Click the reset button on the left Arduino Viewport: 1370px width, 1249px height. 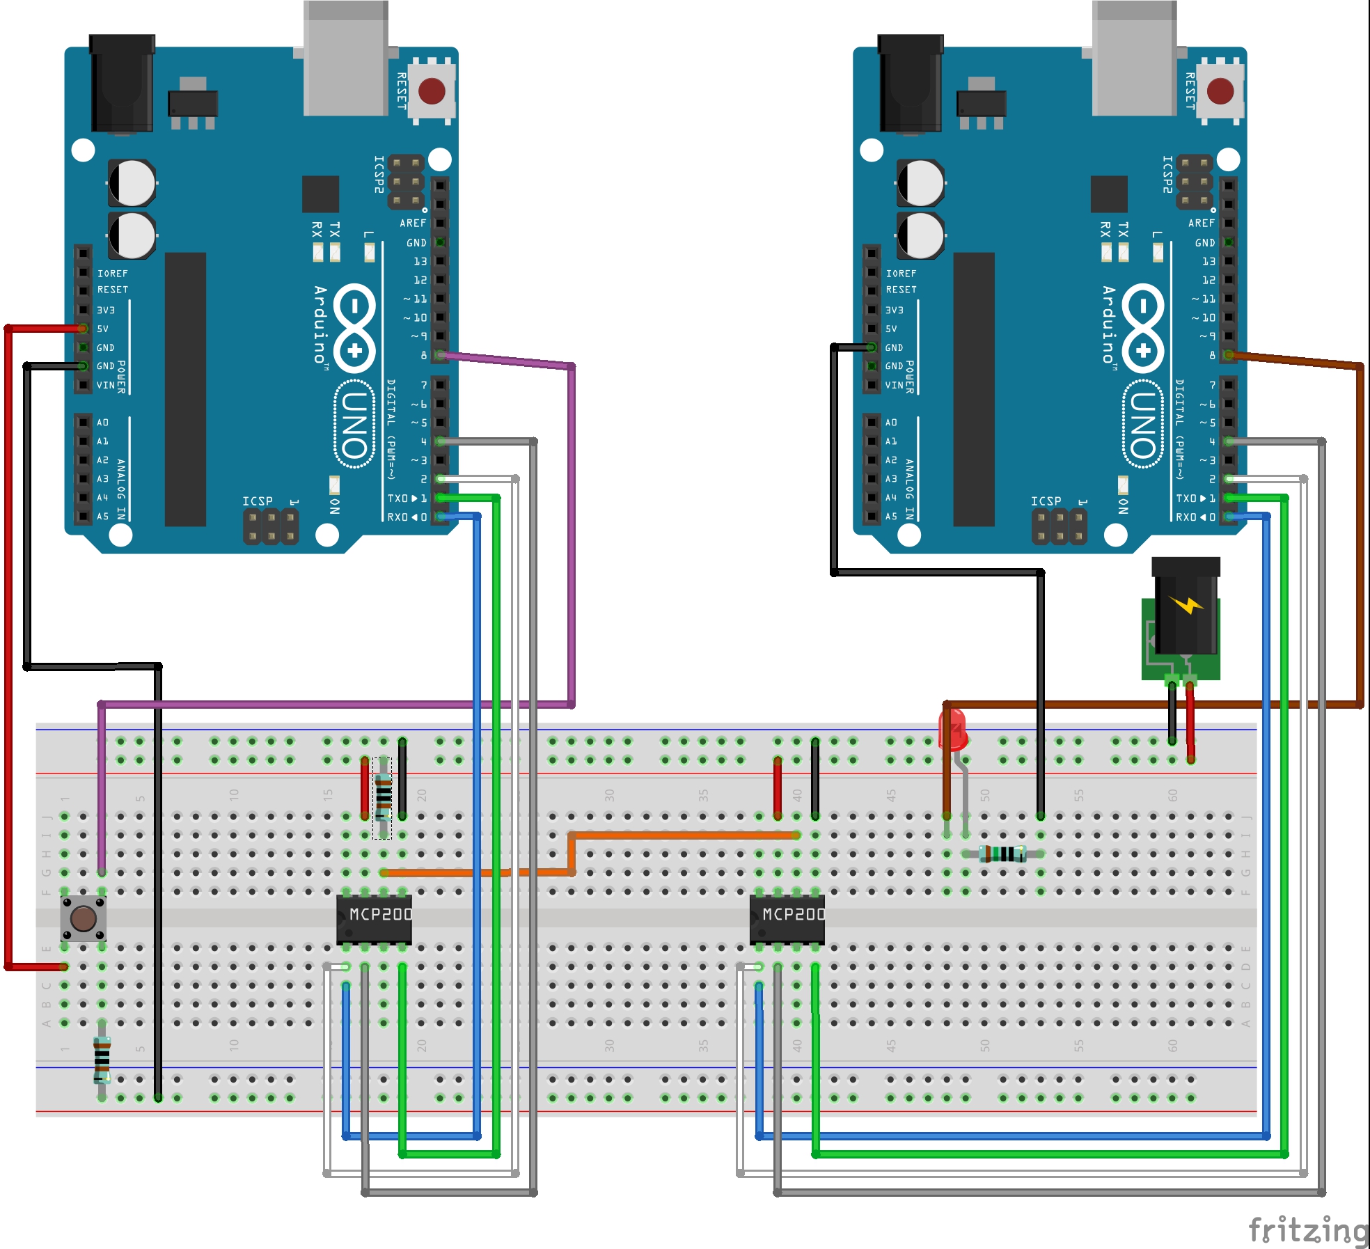pos(432,91)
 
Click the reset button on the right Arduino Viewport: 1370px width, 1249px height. pos(1220,91)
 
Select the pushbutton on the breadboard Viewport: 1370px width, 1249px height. pos(84,918)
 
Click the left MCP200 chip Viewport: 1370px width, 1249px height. pos(375,918)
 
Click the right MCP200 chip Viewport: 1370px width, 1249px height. pos(787,918)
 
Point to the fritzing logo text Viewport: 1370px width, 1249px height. pos(1308,1230)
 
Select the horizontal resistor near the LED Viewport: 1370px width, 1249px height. pos(1002,854)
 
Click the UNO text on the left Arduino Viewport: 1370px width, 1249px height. pos(355,425)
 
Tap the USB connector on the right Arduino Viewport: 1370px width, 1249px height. pos(1134,59)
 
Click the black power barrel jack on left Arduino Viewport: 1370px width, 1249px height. pos(122,84)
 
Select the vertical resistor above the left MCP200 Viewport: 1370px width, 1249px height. pos(383,797)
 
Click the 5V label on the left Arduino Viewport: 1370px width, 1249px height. pos(103,329)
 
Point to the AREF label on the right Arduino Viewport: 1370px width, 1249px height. pos(1201,223)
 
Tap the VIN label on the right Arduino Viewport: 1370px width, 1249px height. pos(894,385)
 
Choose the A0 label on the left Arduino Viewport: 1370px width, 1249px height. pos(103,423)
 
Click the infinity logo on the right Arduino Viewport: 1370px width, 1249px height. pos(1143,327)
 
